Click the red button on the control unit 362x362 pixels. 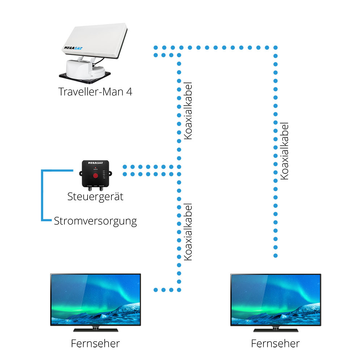(x=96, y=176)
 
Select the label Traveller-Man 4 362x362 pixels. (x=95, y=92)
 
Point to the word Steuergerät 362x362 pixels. (x=95, y=197)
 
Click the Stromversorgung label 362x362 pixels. (x=95, y=221)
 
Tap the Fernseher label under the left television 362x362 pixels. (x=95, y=343)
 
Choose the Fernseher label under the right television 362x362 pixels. (x=275, y=343)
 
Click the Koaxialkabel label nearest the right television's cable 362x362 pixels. (x=285, y=151)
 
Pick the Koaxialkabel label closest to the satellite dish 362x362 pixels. (x=188, y=111)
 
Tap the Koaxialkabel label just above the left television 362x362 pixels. (x=188, y=232)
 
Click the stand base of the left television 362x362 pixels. (x=95, y=330)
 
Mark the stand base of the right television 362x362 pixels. (x=275, y=330)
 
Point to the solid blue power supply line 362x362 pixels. (x=43, y=195)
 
